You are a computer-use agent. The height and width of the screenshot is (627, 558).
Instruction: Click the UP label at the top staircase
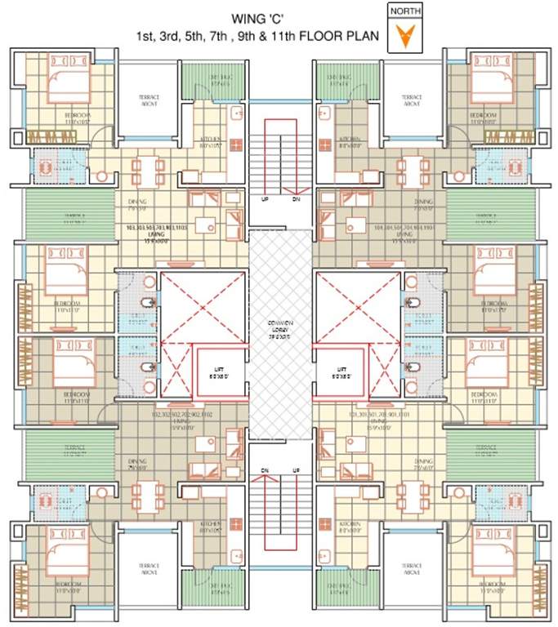(264, 198)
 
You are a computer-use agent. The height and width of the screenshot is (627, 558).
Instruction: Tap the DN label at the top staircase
(295, 198)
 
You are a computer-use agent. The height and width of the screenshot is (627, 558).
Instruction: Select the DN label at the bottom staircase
(265, 470)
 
